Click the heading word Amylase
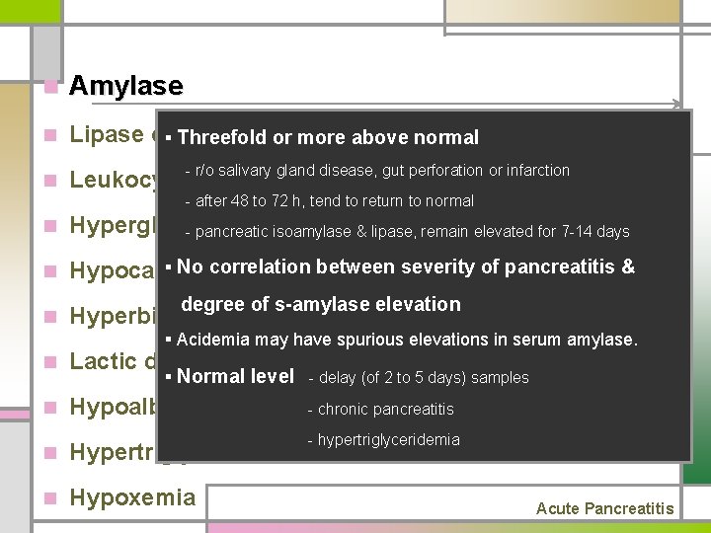125,86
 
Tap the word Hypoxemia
132,497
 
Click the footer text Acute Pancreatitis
604,508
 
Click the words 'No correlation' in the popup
242,267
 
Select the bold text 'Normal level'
236,376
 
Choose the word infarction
534,171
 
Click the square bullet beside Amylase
50,87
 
